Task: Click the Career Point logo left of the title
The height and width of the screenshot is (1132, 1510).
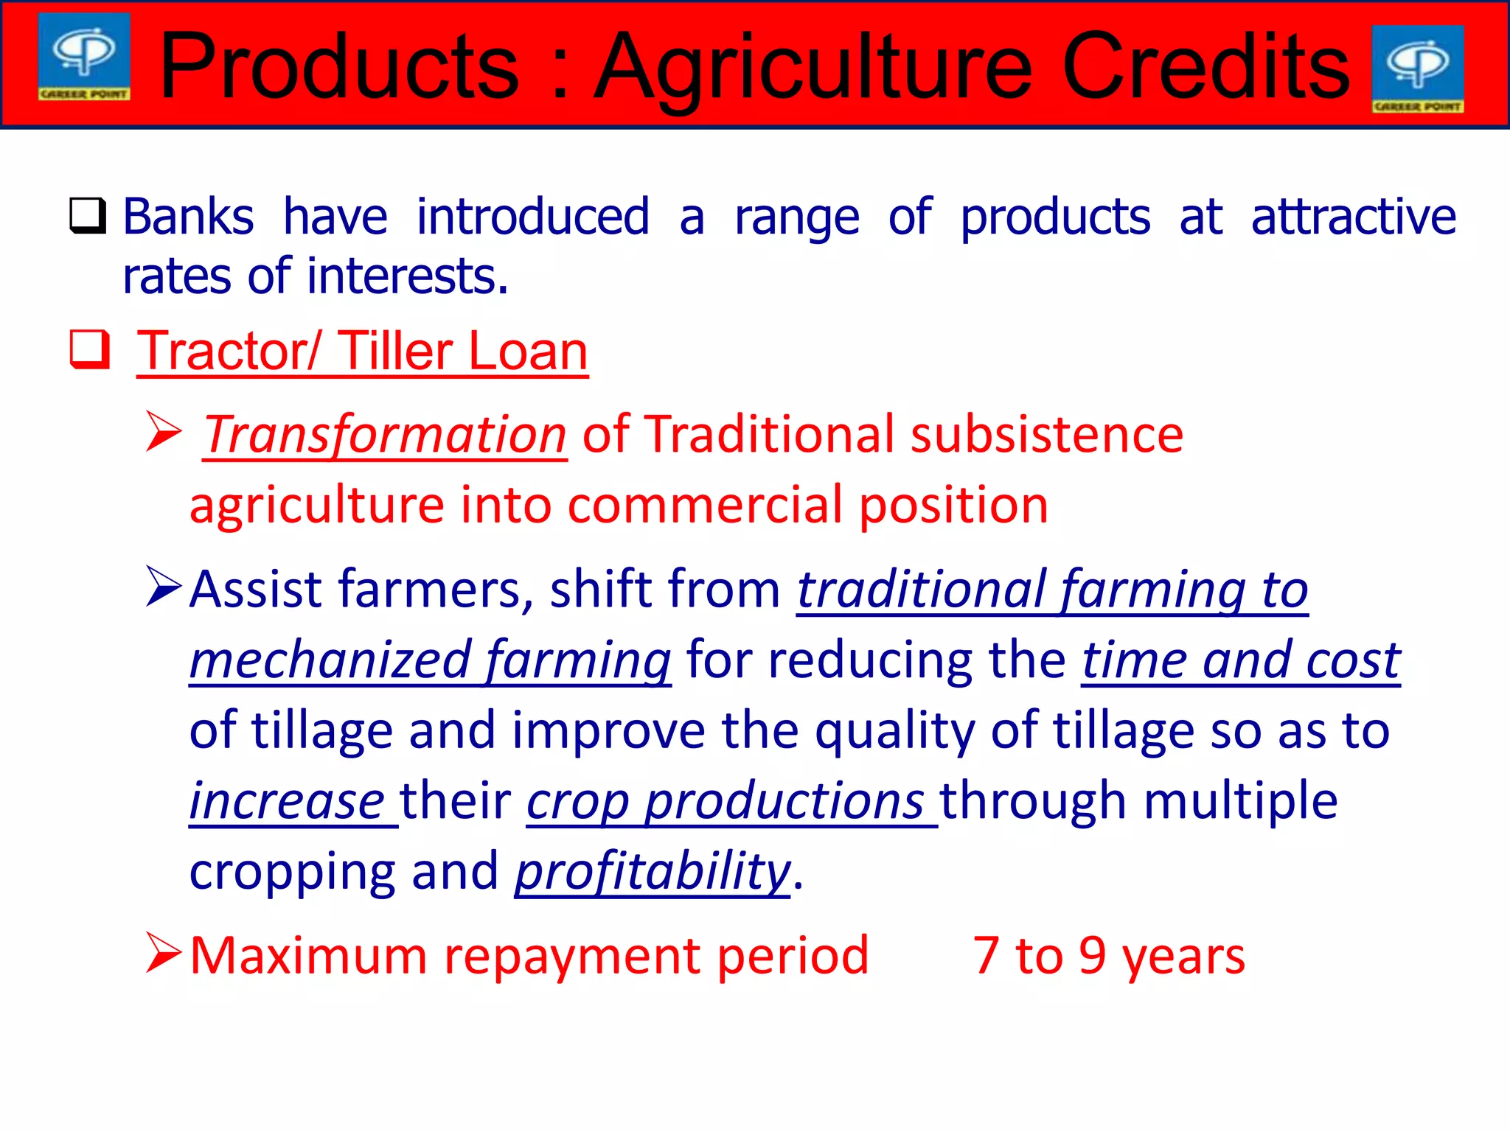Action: point(84,57)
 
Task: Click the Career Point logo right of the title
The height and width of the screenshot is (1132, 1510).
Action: point(1417,69)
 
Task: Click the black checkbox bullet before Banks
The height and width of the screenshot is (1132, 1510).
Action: point(88,215)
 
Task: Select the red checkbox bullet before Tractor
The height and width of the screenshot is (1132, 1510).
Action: point(89,349)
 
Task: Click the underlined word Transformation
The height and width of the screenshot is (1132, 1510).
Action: point(385,434)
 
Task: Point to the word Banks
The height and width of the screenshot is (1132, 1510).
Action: point(188,217)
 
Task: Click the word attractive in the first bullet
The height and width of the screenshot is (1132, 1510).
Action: point(1353,217)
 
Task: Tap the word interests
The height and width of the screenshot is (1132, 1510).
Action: point(407,276)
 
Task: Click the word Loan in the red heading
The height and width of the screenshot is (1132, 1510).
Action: point(528,351)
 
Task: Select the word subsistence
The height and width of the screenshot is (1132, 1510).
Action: point(1046,434)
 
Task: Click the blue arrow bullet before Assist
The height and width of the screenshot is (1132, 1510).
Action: point(164,587)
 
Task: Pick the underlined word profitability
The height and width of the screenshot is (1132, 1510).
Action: point(653,871)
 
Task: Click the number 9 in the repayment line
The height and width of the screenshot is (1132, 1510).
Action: point(1092,956)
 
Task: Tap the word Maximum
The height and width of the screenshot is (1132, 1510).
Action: point(308,956)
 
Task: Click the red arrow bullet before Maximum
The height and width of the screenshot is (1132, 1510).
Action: point(164,953)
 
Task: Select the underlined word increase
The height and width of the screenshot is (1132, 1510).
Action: point(287,801)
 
